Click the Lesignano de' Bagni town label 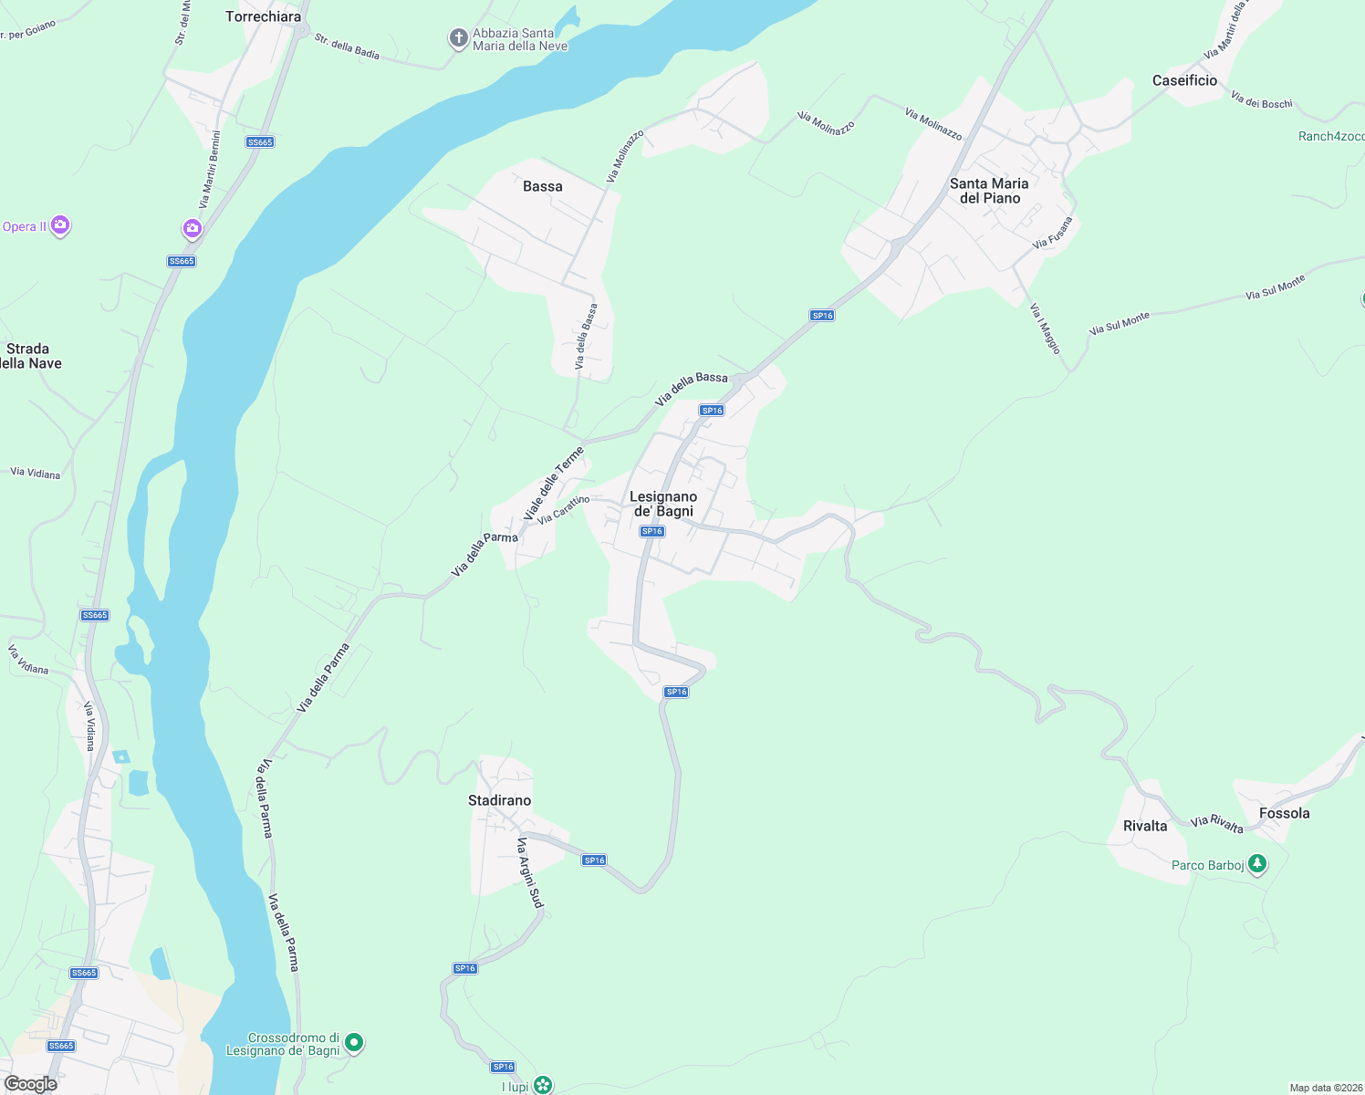pos(663,504)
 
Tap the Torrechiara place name pos(263,16)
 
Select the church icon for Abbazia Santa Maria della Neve pos(458,38)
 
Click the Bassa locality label pos(543,186)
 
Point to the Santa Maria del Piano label pos(989,191)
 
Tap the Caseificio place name pos(1184,80)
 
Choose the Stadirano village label pos(499,800)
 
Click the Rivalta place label pos(1145,826)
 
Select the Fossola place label pos(1284,813)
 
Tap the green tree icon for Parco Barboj pos(1257,863)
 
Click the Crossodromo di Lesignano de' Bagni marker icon pos(354,1042)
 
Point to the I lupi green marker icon pos(543,1085)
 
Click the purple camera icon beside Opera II pos(60,224)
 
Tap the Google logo pos(30,1083)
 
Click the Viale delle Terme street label pos(553,484)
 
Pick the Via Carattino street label pos(563,510)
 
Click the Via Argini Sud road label pos(529,873)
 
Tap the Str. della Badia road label pos(347,46)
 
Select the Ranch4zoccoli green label pos(1331,136)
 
